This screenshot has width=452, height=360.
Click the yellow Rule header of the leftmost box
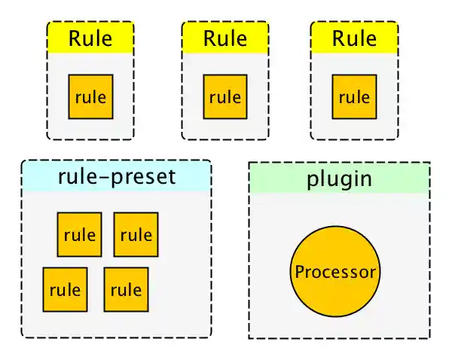[x=90, y=38]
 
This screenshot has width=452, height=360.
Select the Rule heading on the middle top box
[x=224, y=38]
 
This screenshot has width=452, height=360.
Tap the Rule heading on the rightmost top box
[x=354, y=38]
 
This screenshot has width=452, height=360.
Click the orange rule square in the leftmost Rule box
[x=90, y=97]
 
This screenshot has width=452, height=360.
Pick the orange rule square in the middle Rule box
[x=225, y=97]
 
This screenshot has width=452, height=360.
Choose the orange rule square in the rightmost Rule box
[x=354, y=97]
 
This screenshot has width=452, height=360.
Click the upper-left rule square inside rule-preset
[x=79, y=234]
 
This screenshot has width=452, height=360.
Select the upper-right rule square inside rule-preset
[x=136, y=234]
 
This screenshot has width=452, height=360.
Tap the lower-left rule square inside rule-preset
[x=65, y=289]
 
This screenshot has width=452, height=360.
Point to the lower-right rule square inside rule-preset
[x=126, y=289]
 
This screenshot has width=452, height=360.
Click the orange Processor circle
[x=335, y=272]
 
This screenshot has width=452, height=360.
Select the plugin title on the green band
[x=339, y=179]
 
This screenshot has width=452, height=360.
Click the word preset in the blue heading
[x=144, y=178]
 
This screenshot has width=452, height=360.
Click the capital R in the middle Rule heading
[x=209, y=38]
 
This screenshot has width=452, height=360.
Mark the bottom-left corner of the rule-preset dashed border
[x=23, y=336]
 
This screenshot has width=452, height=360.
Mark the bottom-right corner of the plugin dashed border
[x=429, y=337]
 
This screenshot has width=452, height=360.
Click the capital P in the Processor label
[x=299, y=272]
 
